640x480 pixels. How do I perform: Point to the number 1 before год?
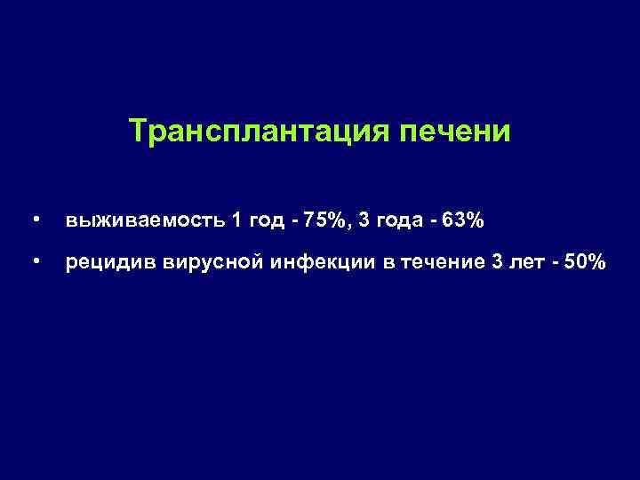tap(236, 220)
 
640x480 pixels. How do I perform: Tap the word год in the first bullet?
tap(268, 220)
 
